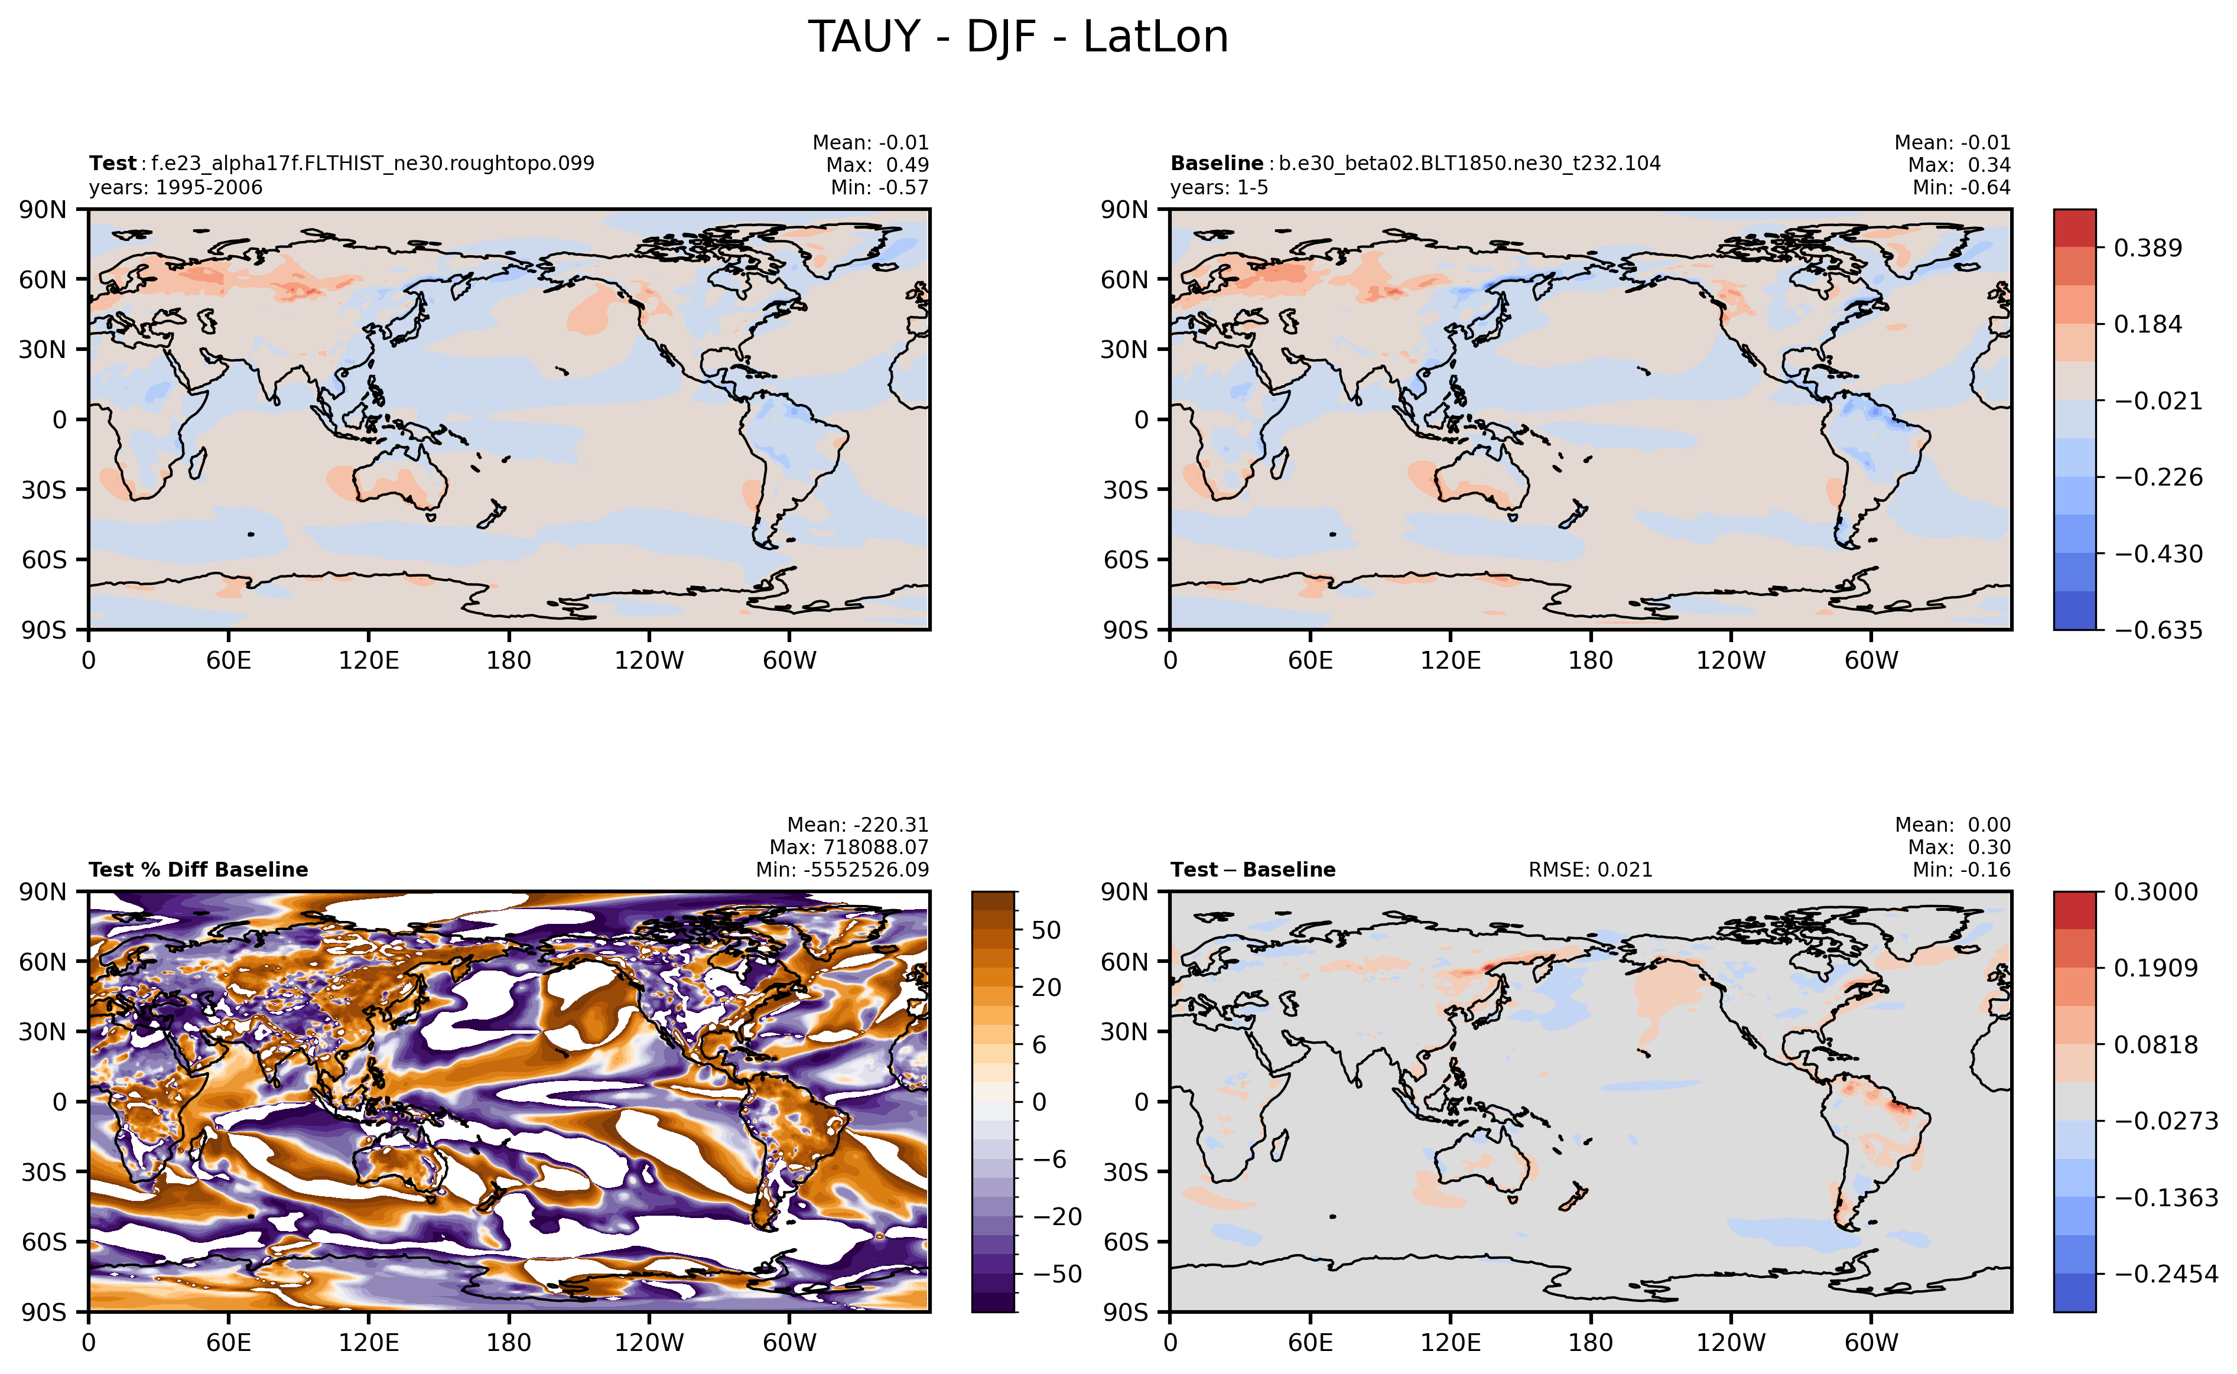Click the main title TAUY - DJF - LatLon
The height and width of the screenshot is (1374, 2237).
[1018, 37]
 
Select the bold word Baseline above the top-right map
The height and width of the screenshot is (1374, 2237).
[1216, 164]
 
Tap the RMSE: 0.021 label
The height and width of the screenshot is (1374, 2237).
[1590, 870]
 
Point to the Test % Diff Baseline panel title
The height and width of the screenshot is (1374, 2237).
[198, 870]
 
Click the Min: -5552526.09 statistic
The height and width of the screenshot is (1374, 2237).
[842, 870]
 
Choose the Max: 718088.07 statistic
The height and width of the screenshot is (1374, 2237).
[849, 847]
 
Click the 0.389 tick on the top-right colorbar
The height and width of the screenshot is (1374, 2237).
[2147, 248]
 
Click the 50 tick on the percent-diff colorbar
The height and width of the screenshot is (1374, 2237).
[1046, 930]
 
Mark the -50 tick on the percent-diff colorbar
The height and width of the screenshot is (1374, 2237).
[1057, 1274]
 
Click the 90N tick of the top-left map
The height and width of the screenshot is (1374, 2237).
[43, 210]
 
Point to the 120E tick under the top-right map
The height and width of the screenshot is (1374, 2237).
[1450, 660]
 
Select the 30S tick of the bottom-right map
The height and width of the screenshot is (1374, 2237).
[1126, 1172]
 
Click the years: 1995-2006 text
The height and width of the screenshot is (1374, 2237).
[175, 187]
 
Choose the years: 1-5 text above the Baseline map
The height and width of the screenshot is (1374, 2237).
[1219, 187]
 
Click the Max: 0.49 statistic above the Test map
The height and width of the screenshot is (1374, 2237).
[877, 164]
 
